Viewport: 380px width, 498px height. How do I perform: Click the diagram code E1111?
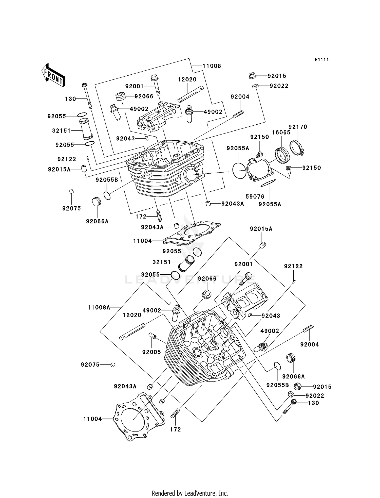click(x=322, y=60)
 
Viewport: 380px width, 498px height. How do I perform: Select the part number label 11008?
click(x=212, y=66)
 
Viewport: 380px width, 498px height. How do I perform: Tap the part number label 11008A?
click(x=99, y=308)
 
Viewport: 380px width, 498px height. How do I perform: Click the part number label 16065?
click(x=281, y=132)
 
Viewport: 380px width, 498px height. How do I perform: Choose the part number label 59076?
click(x=255, y=196)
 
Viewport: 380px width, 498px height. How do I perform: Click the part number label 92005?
click(x=151, y=352)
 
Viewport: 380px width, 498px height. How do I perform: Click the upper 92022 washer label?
click(x=279, y=86)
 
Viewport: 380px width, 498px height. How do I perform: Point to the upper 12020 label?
click(x=187, y=79)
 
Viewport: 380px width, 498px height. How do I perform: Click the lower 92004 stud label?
click(x=310, y=344)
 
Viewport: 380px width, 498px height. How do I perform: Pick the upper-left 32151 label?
click(x=61, y=131)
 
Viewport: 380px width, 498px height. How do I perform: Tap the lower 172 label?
click(x=175, y=429)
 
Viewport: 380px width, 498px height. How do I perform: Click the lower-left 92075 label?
click(x=90, y=365)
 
